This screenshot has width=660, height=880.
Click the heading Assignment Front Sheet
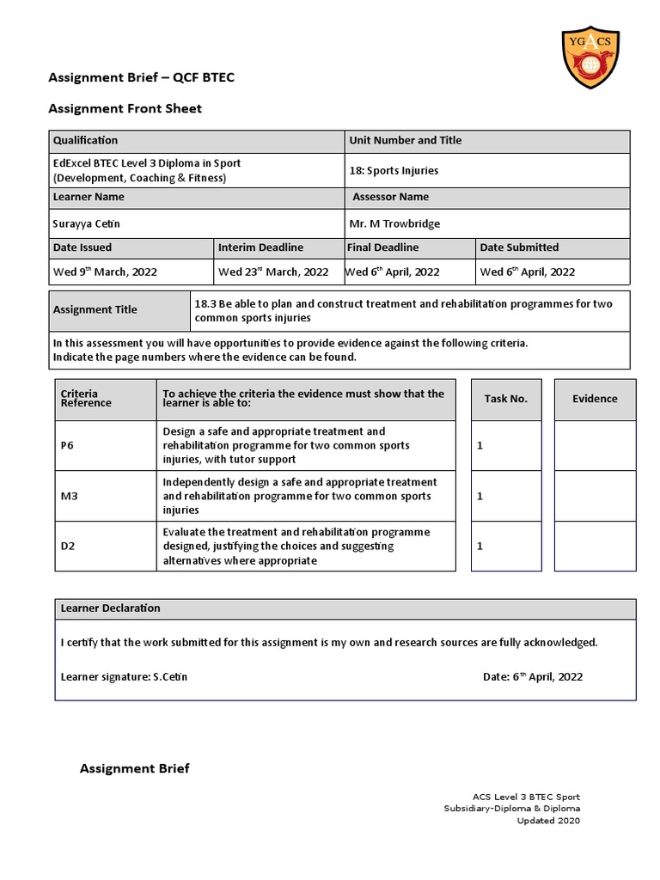125,108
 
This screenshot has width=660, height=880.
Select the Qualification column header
86,140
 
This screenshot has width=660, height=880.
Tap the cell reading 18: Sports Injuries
394,170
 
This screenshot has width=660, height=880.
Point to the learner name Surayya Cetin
87,223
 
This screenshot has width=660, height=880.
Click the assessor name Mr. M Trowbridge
394,223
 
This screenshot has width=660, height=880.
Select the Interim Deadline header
260,247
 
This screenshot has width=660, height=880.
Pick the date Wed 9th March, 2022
105,272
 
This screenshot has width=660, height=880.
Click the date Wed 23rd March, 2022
273,272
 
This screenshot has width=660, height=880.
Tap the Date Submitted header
519,247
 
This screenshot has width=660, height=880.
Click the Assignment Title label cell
95,309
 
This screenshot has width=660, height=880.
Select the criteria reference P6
68,445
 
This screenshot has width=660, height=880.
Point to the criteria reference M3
69,496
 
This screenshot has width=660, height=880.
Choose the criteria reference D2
68,546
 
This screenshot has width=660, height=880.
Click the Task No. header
505,399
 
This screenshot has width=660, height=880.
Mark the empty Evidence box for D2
595,546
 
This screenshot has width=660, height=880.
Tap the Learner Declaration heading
110,608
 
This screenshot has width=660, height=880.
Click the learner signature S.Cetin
124,676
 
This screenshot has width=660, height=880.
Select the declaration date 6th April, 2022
533,676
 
